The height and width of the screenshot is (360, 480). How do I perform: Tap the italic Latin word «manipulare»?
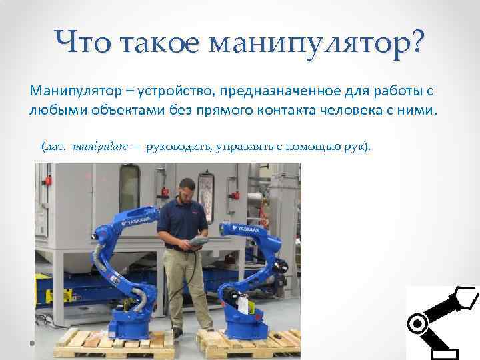[x=101, y=145]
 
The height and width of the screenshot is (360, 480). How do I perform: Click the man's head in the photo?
[x=187, y=188]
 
